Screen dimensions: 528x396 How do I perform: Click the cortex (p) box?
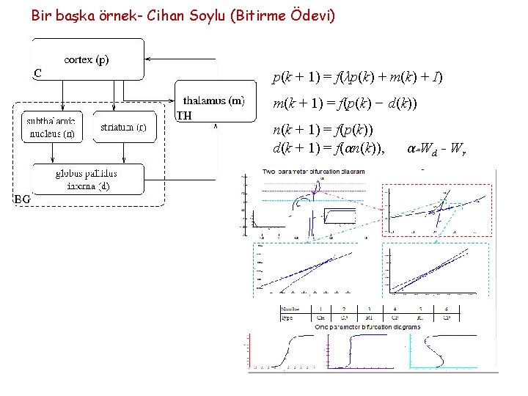pos(87,59)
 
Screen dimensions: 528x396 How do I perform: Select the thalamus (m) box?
pos(214,100)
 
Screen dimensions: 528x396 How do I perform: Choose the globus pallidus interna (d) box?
pos(87,180)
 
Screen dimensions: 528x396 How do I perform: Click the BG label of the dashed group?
pos(22,198)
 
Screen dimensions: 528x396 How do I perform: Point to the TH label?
pos(185,115)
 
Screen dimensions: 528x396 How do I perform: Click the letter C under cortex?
pos(37,73)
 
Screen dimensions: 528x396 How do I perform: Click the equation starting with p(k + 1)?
pos(357,76)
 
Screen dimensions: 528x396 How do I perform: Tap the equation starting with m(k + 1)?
pos(345,104)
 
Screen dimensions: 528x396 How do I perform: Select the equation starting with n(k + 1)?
pos(323,130)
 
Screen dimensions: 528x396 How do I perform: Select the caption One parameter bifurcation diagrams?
pos(367,326)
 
